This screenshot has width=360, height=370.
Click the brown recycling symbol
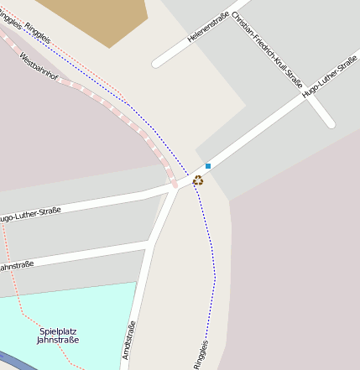coord(198,180)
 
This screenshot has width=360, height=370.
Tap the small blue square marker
coord(208,166)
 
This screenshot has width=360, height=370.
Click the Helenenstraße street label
coord(204,26)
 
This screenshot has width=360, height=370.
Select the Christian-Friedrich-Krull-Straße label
coord(266,50)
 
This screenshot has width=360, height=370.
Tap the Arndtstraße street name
coord(129,341)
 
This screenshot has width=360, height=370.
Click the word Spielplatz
coord(59,331)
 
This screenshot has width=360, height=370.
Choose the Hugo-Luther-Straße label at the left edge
coord(29,215)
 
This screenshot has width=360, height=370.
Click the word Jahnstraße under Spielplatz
coord(59,340)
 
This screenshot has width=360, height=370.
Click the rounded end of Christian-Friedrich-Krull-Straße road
coord(330,123)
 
